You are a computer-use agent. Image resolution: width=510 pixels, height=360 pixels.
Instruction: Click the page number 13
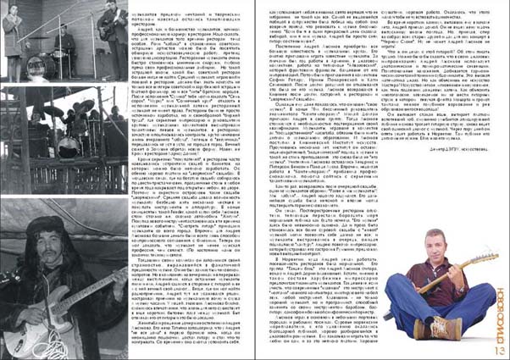tap(496, 347)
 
